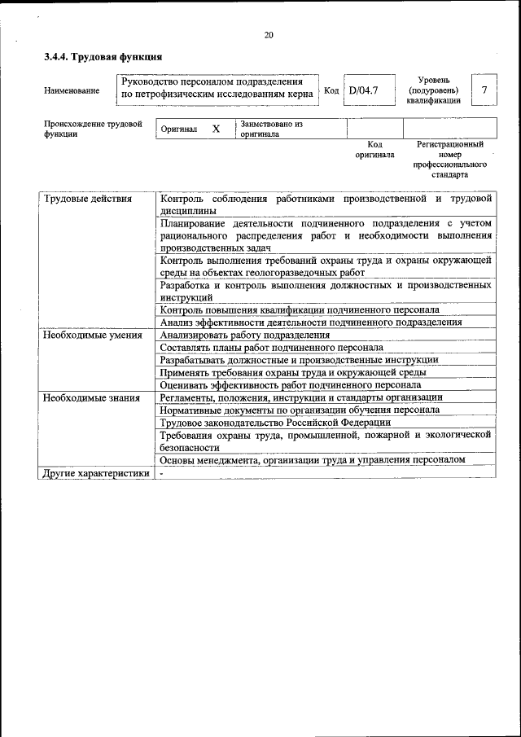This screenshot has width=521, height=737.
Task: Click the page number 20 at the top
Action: click(269, 34)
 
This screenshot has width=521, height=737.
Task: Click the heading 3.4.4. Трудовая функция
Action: click(103, 57)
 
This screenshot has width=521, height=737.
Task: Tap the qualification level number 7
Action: click(484, 90)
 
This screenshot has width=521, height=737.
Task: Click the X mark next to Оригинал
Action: click(216, 129)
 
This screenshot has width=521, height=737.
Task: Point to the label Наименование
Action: click(72, 90)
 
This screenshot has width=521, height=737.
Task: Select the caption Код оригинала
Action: click(374, 149)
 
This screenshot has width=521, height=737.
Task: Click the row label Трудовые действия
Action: click(88, 199)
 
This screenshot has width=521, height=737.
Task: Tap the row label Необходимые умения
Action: click(88, 335)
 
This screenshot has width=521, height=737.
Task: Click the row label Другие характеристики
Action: click(96, 472)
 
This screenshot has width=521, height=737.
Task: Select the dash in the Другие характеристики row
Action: click(162, 472)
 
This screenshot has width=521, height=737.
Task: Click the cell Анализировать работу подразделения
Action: click(244, 335)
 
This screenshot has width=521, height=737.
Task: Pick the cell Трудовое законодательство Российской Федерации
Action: click(275, 422)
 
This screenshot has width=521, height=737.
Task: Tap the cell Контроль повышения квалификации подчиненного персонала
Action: click(300, 309)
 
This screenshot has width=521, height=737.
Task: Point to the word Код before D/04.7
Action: click(331, 90)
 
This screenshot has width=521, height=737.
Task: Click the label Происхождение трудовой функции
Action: click(88, 129)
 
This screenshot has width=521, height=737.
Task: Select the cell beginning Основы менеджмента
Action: click(313, 459)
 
